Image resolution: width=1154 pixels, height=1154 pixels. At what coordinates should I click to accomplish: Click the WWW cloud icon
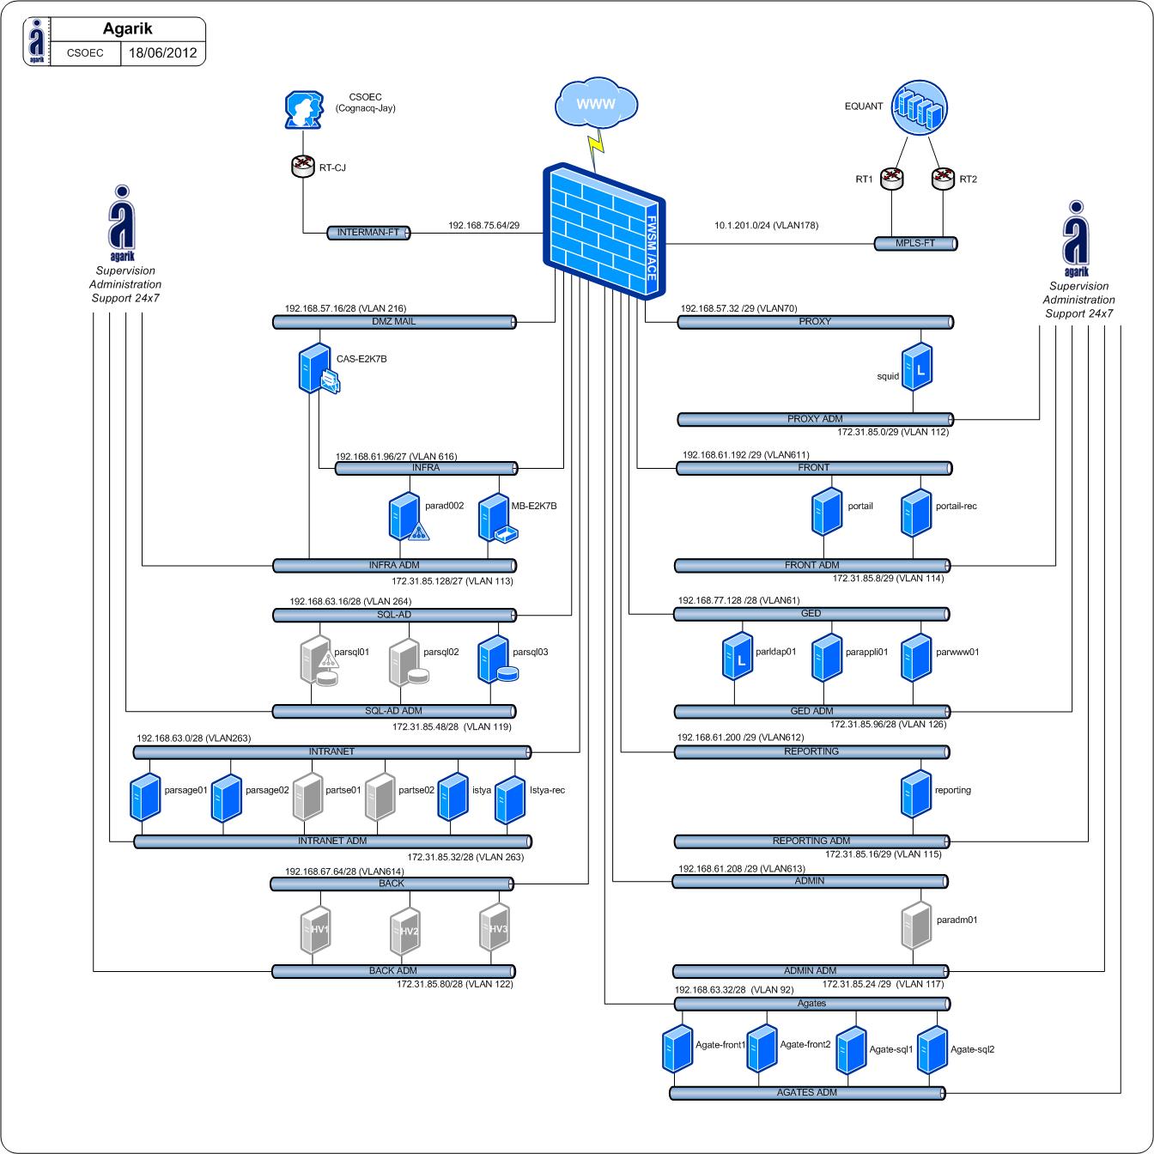(x=597, y=104)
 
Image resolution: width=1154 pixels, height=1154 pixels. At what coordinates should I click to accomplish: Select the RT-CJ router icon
(x=304, y=166)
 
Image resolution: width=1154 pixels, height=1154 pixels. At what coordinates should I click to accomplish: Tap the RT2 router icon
(x=943, y=178)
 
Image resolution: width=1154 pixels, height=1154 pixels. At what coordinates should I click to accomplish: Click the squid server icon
(x=917, y=367)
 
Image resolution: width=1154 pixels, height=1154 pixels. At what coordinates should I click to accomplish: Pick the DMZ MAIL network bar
(x=394, y=322)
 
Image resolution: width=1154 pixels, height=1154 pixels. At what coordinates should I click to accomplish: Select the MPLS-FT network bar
(x=915, y=244)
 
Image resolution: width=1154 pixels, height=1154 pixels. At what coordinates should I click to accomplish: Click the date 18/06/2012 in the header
(x=162, y=52)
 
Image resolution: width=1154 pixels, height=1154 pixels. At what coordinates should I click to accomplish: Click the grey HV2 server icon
(x=404, y=932)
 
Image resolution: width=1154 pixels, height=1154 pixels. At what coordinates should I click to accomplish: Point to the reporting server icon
(x=916, y=793)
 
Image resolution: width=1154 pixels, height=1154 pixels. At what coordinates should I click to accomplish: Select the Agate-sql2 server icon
(x=933, y=1050)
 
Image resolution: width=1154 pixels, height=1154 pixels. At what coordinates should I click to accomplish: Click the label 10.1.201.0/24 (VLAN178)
(x=766, y=226)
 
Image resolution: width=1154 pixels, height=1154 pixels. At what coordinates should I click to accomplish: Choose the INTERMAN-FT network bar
(x=369, y=233)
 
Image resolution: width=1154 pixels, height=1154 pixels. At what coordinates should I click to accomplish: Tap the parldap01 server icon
(x=738, y=656)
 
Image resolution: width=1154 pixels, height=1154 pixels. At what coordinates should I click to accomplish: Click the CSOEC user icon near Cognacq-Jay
(x=303, y=111)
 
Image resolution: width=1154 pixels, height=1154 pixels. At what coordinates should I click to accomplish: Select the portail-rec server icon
(x=916, y=512)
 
